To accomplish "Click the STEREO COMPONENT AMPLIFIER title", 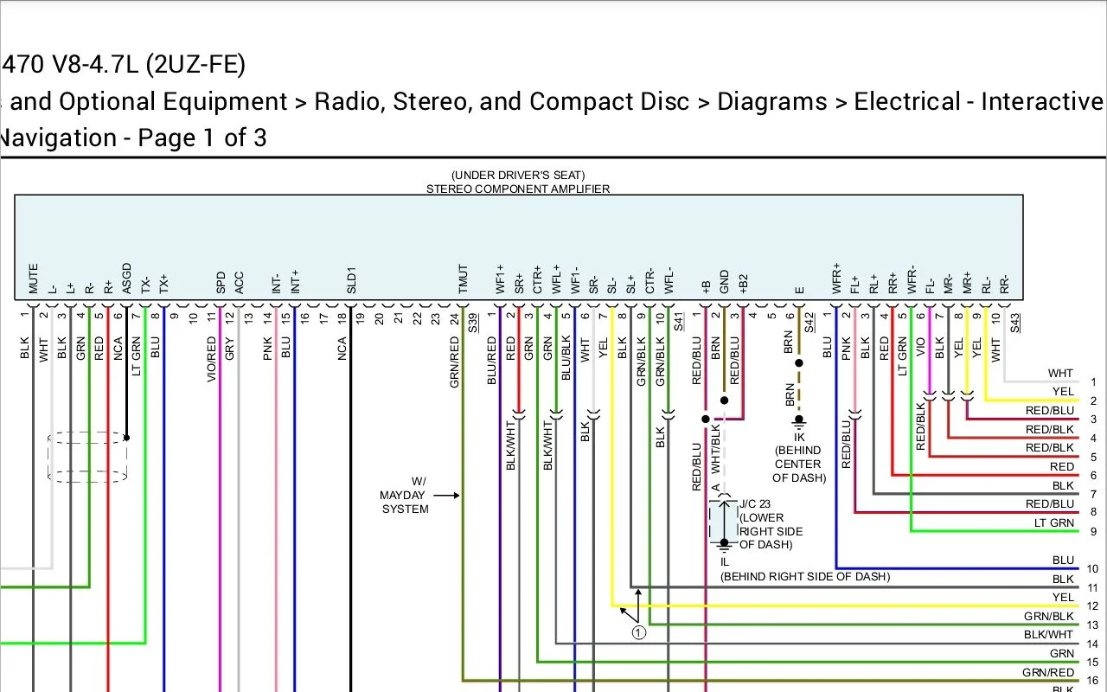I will coord(517,189).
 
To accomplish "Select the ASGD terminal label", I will coord(126,279).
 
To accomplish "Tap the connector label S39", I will coord(473,323).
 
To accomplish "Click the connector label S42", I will coord(809,323).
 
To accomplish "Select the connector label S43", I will coord(1014,323).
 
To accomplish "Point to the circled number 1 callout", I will coord(638,632).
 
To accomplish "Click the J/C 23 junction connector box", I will coord(723,521).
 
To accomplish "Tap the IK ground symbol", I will coord(798,424).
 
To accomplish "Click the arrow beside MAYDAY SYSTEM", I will coord(446,496).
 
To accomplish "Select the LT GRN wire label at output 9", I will coord(1054,522).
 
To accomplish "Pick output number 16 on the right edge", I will coord(1093,680).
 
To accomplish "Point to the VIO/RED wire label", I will coord(211,360).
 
